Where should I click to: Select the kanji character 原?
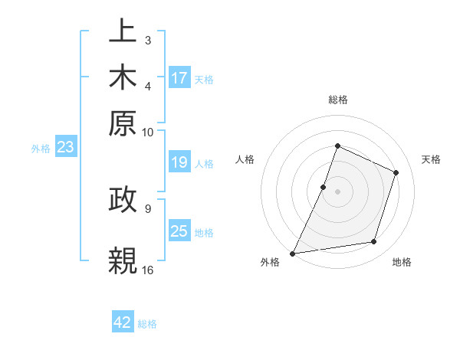click(123, 123)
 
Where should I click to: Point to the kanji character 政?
click(123, 201)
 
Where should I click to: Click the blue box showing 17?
click(179, 78)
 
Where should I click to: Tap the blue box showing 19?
click(179, 162)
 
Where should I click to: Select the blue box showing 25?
click(179, 231)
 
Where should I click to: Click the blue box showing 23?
click(64, 147)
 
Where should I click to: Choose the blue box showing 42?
click(123, 322)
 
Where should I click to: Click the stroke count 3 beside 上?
click(147, 40)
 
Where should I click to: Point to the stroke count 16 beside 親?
click(148, 270)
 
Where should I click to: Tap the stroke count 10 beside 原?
click(148, 131)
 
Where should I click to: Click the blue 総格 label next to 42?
click(147, 324)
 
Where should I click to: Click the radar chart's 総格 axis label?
click(337, 100)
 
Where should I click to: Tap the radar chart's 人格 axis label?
click(245, 159)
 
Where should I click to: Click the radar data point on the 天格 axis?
click(396, 172)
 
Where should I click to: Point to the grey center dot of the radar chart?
click(337, 191)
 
